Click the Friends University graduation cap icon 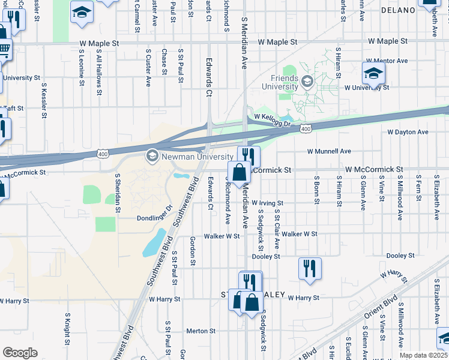[307, 81]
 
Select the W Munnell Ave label [329, 151]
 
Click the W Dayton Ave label [408, 132]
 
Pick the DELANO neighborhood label [398, 10]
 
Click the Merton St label [200, 331]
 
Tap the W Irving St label [267, 203]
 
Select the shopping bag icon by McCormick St [239, 172]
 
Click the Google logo [20, 353]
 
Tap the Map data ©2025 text [424, 355]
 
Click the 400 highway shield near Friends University [306, 129]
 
